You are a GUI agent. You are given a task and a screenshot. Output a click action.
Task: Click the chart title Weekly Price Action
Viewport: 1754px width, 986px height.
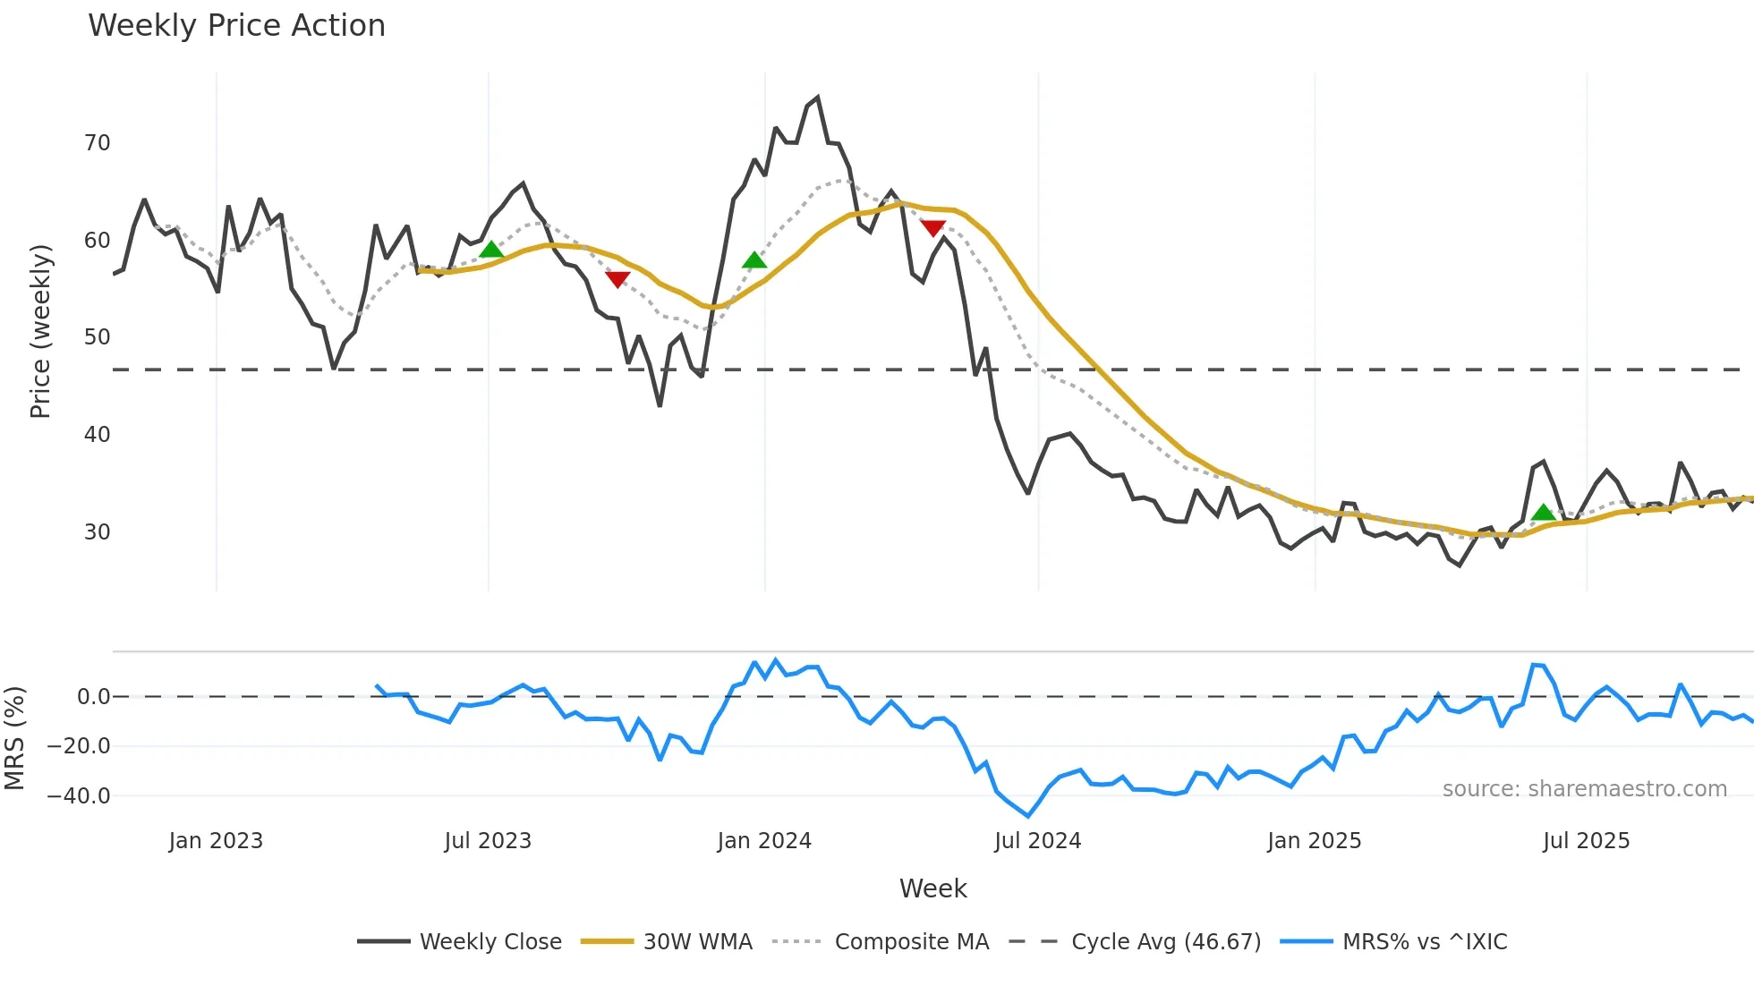[236, 26]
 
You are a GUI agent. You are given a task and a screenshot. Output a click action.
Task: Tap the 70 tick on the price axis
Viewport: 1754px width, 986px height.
[97, 143]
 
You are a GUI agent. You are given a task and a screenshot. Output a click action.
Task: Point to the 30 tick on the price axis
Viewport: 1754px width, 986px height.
[97, 532]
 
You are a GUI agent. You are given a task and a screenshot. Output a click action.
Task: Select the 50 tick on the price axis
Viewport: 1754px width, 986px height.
[97, 337]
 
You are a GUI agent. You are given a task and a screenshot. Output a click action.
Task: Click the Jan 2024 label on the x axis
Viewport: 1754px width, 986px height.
[764, 841]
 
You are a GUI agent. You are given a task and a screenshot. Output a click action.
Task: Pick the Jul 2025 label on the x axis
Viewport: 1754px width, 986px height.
[1586, 841]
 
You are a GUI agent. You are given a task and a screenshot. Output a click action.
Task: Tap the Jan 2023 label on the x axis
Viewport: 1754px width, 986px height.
[216, 841]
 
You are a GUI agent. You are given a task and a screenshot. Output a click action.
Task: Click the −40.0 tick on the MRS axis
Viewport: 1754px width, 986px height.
[79, 796]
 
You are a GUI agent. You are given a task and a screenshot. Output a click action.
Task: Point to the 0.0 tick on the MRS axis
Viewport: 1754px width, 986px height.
[93, 697]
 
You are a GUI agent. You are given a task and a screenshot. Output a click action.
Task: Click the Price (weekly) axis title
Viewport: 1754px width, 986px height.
[41, 331]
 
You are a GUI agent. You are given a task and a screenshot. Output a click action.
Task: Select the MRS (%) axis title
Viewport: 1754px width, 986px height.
[14, 738]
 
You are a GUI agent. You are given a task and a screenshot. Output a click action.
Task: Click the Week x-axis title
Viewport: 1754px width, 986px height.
[932, 888]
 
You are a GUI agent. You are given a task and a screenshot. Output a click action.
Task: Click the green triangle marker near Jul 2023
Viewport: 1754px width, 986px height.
[491, 250]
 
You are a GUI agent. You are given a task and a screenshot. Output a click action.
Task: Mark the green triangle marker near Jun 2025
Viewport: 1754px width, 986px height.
[1544, 513]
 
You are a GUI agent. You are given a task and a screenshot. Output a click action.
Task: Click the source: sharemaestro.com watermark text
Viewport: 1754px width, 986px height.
[1584, 789]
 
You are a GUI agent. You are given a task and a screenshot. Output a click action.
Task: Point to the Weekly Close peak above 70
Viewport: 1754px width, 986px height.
[817, 98]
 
